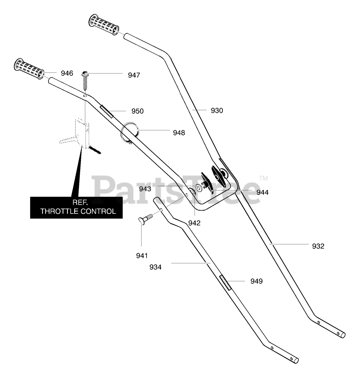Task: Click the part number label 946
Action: tap(67, 73)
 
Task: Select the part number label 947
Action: tap(134, 75)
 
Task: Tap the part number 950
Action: tap(137, 111)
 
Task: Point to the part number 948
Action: tap(179, 133)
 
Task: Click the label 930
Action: tap(217, 110)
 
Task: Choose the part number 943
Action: tap(145, 189)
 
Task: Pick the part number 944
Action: tap(262, 192)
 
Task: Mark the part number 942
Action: tap(194, 223)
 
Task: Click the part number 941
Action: tap(142, 255)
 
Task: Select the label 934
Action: tap(156, 267)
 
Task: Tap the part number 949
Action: tap(256, 281)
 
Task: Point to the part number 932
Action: tap(318, 246)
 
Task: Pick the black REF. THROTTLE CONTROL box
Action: tap(76, 208)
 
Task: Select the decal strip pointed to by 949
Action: tap(226, 283)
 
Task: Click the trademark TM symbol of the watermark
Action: tap(263, 178)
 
